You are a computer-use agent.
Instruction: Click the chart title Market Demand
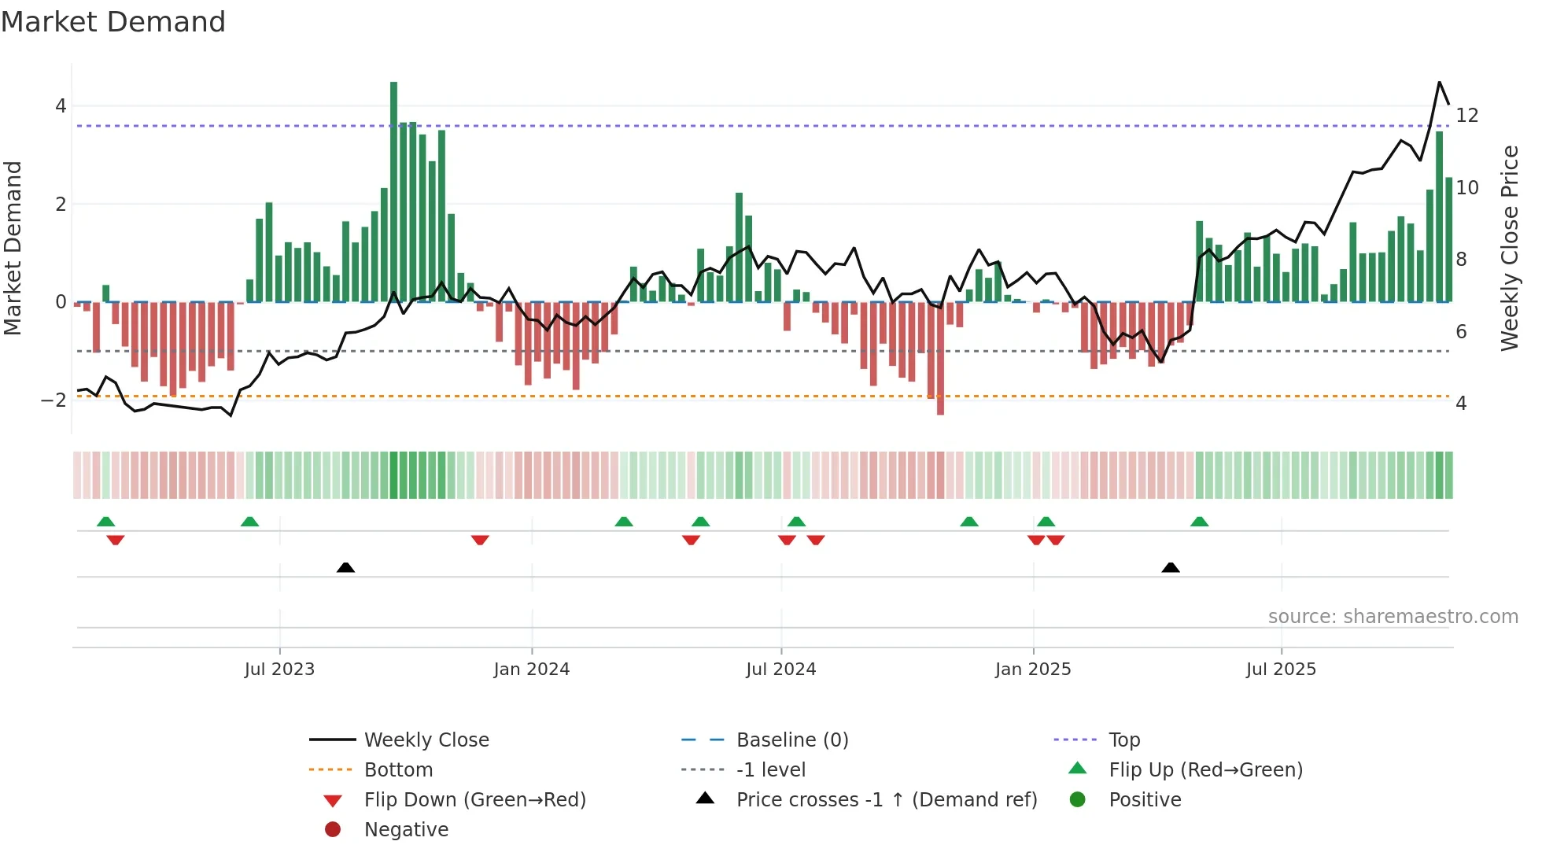(x=113, y=22)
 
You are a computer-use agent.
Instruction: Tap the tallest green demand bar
(x=393, y=189)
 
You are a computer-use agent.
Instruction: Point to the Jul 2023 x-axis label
(x=279, y=670)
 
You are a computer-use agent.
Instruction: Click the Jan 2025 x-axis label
(x=1032, y=670)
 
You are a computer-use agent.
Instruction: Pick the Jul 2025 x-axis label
(x=1281, y=670)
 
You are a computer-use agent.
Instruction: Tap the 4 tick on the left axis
(x=61, y=105)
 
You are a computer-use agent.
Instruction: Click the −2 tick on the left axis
(x=54, y=400)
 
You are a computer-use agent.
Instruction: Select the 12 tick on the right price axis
(x=1466, y=116)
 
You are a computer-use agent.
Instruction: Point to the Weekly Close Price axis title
(x=1509, y=248)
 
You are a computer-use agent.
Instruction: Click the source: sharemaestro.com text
(x=1393, y=617)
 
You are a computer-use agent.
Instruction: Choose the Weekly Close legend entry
(x=426, y=740)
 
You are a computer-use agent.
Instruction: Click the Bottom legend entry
(x=398, y=770)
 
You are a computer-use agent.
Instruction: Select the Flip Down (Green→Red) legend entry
(x=474, y=800)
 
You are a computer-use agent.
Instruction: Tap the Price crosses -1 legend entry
(x=886, y=800)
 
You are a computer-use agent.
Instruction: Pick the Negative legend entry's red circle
(x=333, y=830)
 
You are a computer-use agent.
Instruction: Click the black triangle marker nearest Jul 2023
(x=345, y=567)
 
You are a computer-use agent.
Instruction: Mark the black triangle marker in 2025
(x=1171, y=567)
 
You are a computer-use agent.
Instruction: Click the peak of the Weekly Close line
(x=1439, y=83)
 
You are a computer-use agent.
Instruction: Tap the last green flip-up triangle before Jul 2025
(x=1199, y=522)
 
